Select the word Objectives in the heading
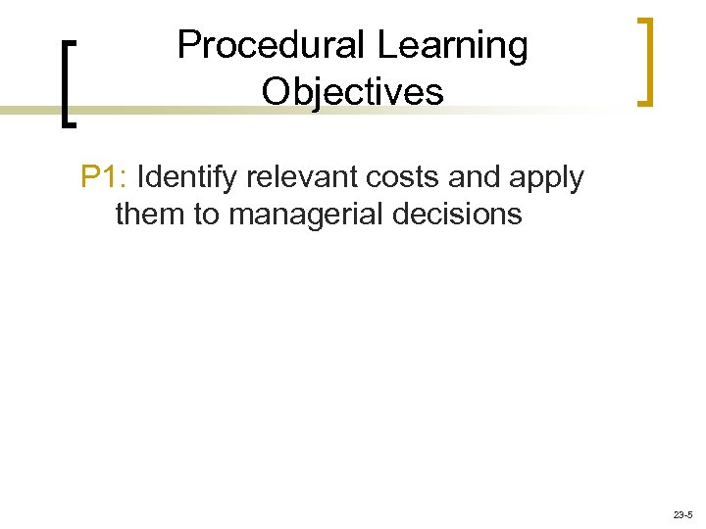(x=353, y=92)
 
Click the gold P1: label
(x=106, y=177)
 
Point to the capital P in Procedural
(x=188, y=46)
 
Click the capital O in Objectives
(x=276, y=92)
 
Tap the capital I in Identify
(x=144, y=177)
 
